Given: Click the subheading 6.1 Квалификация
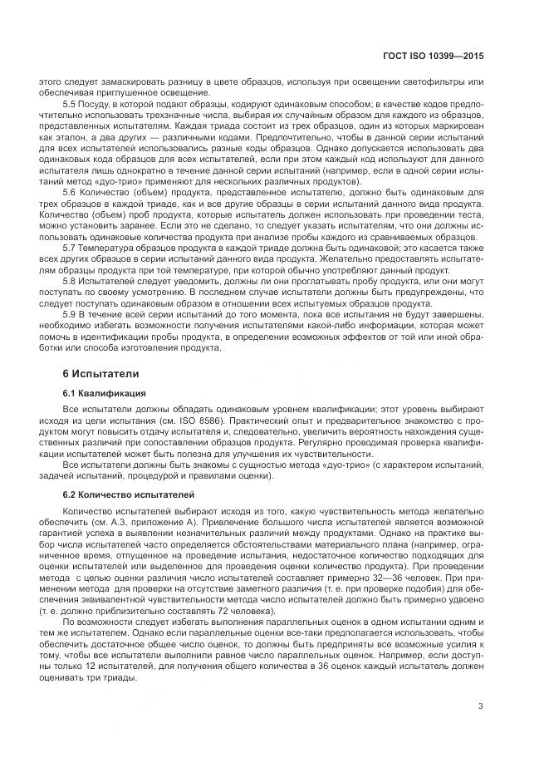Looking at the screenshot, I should [x=105, y=391].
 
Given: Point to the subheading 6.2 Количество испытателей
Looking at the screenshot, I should [x=125, y=495].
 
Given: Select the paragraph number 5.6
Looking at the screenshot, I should [x=71, y=191].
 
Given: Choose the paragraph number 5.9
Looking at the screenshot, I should [x=71, y=316].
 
